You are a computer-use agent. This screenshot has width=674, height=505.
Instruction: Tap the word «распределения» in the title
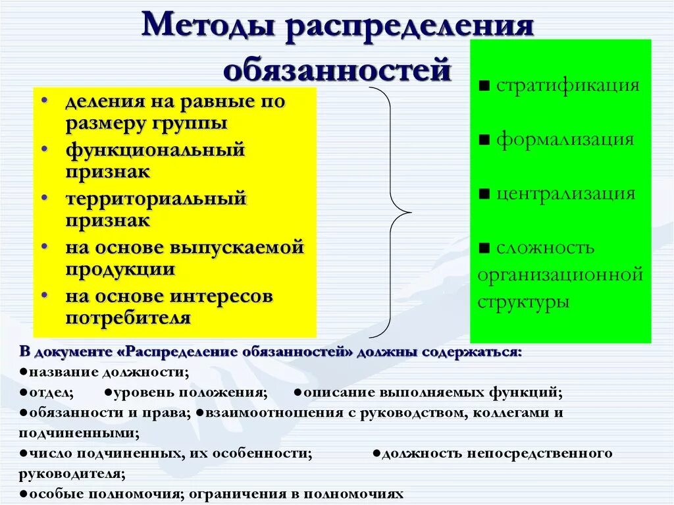point(409,27)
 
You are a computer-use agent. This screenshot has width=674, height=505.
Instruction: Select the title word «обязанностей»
point(337,69)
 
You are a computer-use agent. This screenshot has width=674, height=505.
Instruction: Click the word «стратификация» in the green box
point(567,86)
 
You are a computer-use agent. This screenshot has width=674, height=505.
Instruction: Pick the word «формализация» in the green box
point(565,140)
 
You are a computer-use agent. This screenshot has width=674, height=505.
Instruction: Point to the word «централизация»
point(565,194)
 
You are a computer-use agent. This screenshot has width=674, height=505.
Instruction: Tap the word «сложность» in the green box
point(546,248)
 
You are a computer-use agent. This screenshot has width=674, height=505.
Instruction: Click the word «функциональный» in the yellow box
point(155,149)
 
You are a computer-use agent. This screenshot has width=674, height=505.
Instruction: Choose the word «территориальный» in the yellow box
point(155,198)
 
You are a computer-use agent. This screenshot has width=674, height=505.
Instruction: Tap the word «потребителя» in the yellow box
point(128,318)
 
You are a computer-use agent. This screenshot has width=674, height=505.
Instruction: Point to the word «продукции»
point(120,269)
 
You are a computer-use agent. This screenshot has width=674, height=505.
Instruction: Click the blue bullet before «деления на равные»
point(44,101)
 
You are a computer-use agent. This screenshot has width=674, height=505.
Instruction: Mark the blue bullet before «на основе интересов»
point(44,296)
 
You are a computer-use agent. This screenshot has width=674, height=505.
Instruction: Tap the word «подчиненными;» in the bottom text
point(79,434)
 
